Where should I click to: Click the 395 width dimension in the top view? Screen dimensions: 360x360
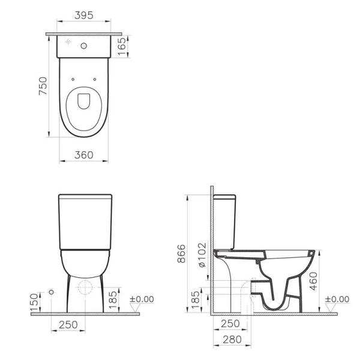tap(83, 16)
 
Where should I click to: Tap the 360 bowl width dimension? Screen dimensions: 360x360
tap(84, 155)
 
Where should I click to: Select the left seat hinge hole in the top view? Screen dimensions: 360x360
tap(72, 78)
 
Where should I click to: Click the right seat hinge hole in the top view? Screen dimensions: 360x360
tap(95, 78)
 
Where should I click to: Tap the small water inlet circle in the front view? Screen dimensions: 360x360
tap(52, 292)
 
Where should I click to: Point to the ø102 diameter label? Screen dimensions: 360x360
tap(203, 256)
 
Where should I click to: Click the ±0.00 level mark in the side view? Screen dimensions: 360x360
tap(336, 299)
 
